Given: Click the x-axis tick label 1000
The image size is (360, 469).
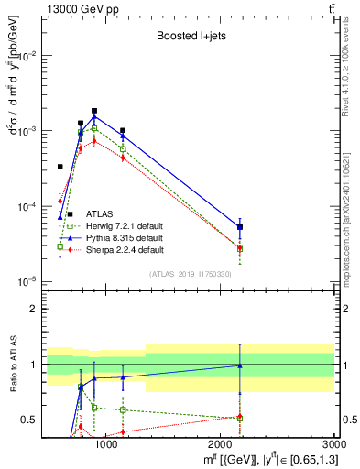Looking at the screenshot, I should coord(106,444).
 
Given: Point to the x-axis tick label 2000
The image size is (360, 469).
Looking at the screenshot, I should coord(221,444).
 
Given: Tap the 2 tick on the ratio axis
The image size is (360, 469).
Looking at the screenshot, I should coord(33,310).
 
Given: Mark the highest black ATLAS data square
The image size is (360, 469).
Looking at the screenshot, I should coord(94,111).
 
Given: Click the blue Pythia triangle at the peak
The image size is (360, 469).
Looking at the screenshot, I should coord(94,117).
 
